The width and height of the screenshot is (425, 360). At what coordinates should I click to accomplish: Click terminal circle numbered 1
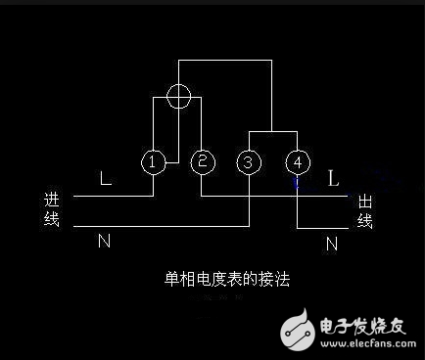pos(153,162)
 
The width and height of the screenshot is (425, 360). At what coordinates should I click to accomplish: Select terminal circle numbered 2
pos(201,162)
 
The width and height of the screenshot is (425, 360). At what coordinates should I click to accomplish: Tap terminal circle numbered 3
pos(249,162)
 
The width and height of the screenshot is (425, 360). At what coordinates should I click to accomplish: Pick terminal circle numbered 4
pos(297,162)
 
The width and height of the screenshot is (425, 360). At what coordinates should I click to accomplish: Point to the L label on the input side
pos(105,180)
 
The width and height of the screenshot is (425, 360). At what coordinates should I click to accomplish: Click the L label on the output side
pos(333,179)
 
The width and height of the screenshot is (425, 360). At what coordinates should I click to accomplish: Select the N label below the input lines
pos(104,241)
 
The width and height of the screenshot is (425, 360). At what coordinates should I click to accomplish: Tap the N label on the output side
pos(333,241)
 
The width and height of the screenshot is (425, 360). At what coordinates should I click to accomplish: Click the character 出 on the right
pos(364,201)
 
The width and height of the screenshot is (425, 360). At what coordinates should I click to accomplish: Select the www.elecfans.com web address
pos(362,344)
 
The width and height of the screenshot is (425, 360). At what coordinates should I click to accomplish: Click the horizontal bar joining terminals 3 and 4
pos(272,131)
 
